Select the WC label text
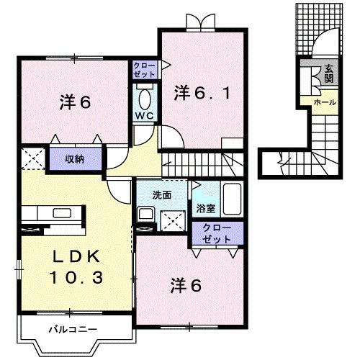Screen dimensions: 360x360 pyautogui.click(x=144, y=116)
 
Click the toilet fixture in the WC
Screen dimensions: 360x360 pyautogui.click(x=144, y=96)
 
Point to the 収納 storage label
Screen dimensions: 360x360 pyautogui.click(x=74, y=158)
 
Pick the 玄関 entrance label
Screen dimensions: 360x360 pyautogui.click(x=328, y=73)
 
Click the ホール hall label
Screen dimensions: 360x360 pyautogui.click(x=324, y=103)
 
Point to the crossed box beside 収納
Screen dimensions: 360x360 pyautogui.click(x=33, y=158)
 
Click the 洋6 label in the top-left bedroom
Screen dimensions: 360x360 pyautogui.click(x=73, y=103)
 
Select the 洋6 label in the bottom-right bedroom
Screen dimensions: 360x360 pyautogui.click(x=185, y=285)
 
